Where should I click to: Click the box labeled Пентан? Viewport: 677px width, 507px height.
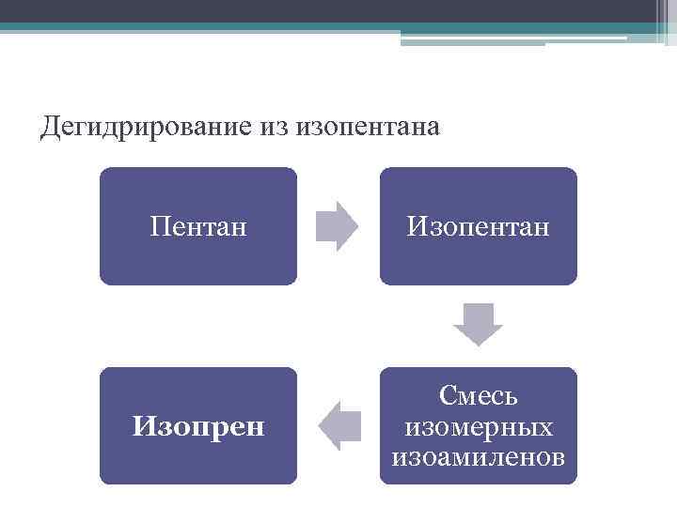198,226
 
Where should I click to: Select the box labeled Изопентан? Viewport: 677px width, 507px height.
479,226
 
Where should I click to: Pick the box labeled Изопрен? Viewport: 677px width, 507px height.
198,426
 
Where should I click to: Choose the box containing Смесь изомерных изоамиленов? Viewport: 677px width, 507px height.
479,426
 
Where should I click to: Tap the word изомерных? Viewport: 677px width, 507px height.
479,426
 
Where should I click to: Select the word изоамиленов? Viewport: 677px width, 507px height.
479,457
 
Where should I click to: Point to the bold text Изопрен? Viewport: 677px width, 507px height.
198,427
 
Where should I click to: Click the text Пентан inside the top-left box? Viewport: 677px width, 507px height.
198,226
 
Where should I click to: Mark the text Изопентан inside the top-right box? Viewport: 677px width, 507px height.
479,226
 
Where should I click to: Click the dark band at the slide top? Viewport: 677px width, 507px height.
329,10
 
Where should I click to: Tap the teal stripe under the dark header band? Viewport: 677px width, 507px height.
282,27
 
